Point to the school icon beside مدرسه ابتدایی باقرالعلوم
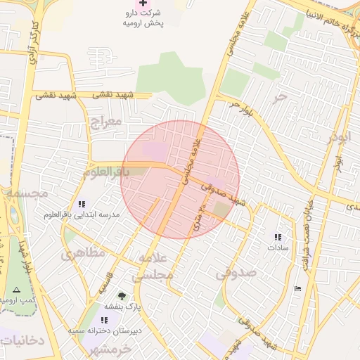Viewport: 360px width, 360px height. pos(82,204)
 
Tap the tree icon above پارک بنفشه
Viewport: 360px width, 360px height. pos(122,296)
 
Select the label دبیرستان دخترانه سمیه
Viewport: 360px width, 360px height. pos(105,329)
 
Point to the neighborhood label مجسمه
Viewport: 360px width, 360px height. pos(25,192)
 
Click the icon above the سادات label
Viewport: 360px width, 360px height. pos(278,237)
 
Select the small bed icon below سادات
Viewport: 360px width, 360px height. pos(297,288)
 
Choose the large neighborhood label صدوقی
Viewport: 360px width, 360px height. pos(236,271)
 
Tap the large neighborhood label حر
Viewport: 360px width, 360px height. pos(281,96)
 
